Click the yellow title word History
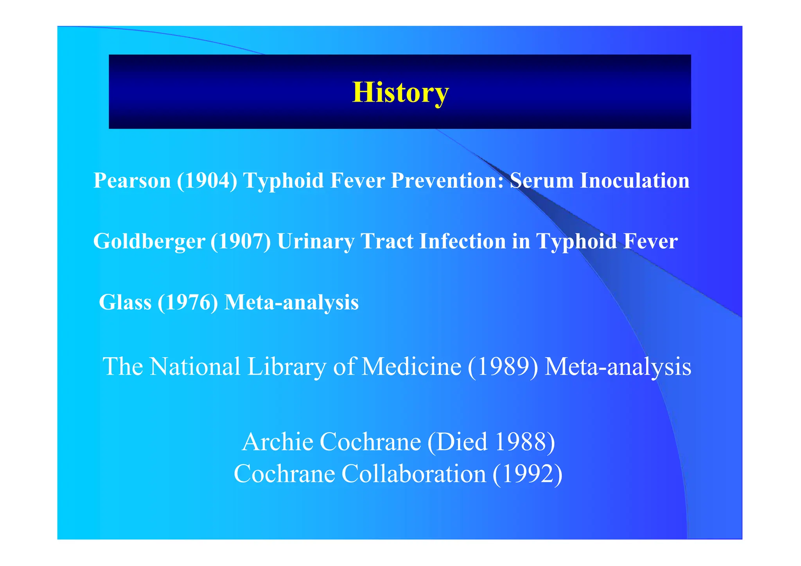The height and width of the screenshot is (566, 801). (x=400, y=93)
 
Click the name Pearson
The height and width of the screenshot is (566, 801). (x=132, y=181)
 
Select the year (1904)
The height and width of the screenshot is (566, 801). (x=207, y=181)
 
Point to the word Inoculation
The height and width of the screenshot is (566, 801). (x=634, y=181)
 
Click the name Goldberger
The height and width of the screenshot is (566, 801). (x=149, y=241)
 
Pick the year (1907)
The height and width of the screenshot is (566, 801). (x=241, y=241)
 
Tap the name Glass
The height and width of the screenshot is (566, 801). (x=125, y=302)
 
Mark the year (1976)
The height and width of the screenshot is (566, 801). (x=188, y=302)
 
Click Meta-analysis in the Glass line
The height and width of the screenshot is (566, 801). (x=291, y=302)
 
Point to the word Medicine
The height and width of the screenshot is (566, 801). (x=411, y=367)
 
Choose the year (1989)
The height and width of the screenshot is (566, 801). (x=503, y=367)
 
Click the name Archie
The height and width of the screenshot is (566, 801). (x=277, y=442)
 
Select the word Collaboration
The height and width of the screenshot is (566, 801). (x=414, y=474)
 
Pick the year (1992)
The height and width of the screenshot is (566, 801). (x=527, y=474)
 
